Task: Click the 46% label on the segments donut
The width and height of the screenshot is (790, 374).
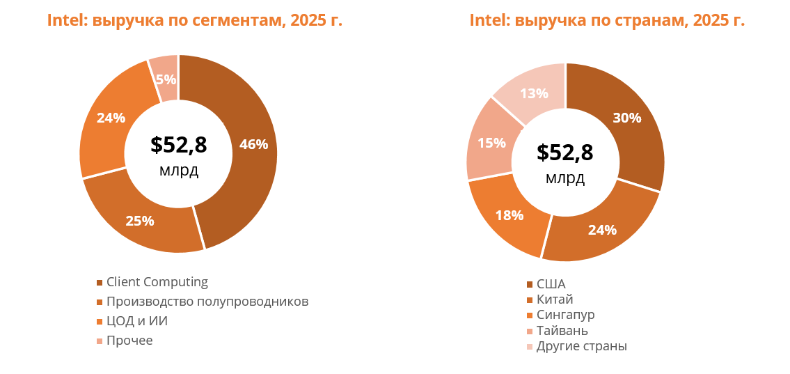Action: (x=253, y=145)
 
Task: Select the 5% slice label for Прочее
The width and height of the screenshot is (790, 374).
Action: (x=166, y=79)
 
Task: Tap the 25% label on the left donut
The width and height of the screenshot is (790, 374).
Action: (x=139, y=221)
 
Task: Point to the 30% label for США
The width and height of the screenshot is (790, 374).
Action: (x=626, y=118)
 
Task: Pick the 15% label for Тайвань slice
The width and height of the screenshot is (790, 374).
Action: (x=491, y=143)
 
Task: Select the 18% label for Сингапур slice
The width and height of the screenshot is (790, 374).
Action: (x=509, y=215)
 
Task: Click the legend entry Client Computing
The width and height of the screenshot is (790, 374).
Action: (x=157, y=282)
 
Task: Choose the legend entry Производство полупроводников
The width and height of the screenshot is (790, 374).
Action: (x=207, y=302)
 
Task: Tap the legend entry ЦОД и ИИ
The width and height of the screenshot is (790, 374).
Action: (x=136, y=321)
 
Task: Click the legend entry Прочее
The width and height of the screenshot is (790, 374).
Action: (x=129, y=341)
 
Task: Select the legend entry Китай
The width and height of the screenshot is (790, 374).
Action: (x=555, y=299)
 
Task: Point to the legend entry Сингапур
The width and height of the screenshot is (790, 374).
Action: (x=565, y=315)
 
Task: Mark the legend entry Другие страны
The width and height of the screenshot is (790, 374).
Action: (x=581, y=346)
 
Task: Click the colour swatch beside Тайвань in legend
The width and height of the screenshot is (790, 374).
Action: (x=530, y=331)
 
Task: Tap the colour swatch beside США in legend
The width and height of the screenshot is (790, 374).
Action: (x=530, y=284)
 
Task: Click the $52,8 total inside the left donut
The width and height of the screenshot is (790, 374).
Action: (x=179, y=145)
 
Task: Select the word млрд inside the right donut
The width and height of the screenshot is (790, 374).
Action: (x=565, y=178)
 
